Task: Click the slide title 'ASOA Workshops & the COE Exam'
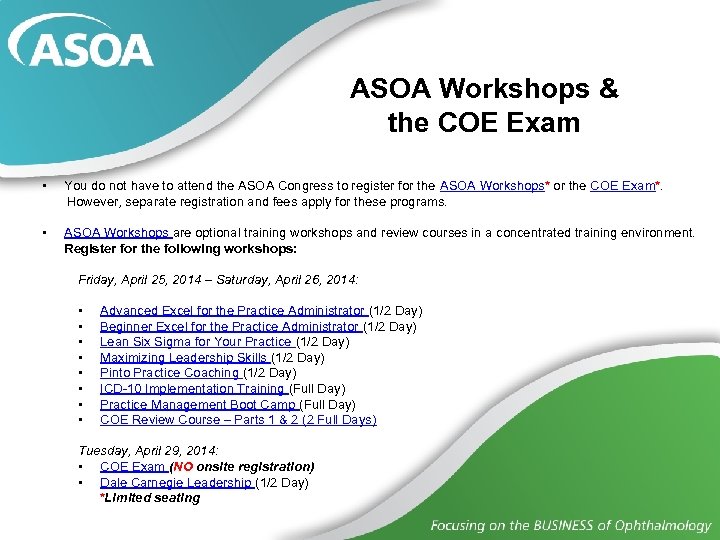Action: pyautogui.click(x=484, y=106)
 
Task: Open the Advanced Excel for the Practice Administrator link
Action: pyautogui.click(x=233, y=311)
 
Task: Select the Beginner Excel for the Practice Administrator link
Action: pyautogui.click(x=230, y=326)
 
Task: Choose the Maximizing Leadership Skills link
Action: pyautogui.click(x=184, y=357)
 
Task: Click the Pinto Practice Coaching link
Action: pyautogui.click(x=170, y=373)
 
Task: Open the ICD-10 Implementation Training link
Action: pyautogui.click(x=193, y=388)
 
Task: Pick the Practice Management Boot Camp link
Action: pyautogui.click(x=198, y=404)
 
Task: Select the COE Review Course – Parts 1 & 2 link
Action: pyautogui.click(x=238, y=420)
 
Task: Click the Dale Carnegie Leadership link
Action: pyautogui.click(x=176, y=483)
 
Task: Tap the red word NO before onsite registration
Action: pyautogui.click(x=184, y=467)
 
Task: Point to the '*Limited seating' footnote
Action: pyautogui.click(x=150, y=498)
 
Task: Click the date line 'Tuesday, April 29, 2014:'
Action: pyautogui.click(x=148, y=451)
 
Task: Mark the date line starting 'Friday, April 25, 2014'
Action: pyautogui.click(x=218, y=279)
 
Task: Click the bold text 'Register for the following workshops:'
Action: pyautogui.click(x=181, y=248)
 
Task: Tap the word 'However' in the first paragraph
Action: pyautogui.click(x=93, y=201)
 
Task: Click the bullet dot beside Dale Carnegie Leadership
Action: pyautogui.click(x=79, y=483)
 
